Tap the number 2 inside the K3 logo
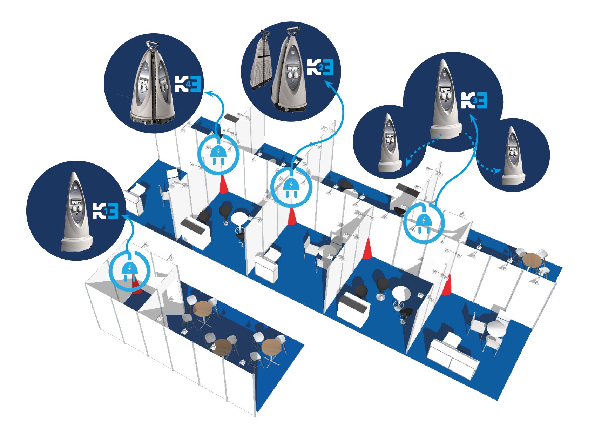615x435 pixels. (x=320, y=67)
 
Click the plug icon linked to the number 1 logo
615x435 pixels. (x=129, y=270)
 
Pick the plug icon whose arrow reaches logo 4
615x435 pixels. (x=218, y=155)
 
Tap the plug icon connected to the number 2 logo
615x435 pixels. (x=291, y=187)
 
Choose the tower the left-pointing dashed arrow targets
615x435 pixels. (x=390, y=144)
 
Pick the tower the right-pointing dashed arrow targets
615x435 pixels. (x=513, y=156)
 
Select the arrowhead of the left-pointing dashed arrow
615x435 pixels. (x=408, y=162)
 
